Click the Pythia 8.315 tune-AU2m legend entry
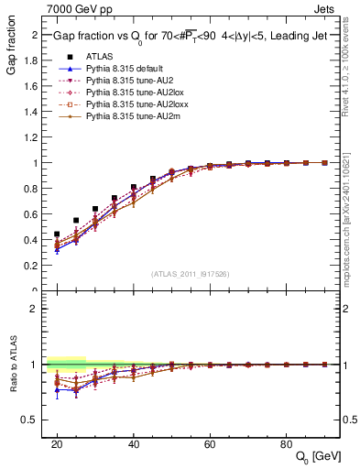pyautogui.click(x=127, y=116)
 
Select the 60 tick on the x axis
pyautogui.click(x=210, y=442)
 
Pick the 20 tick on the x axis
pyautogui.click(x=57, y=442)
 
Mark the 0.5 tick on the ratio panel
pyautogui.click(x=38, y=420)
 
